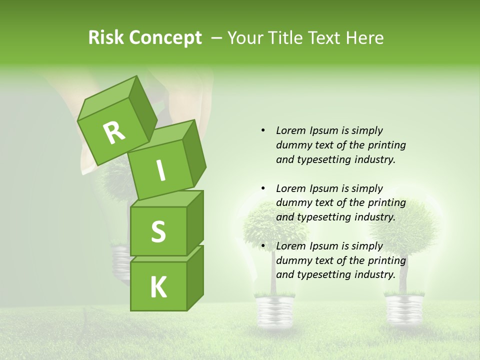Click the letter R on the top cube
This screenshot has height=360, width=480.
coord(114,133)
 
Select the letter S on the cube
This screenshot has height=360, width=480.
coord(158,231)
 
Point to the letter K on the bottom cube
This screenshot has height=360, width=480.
coord(158,287)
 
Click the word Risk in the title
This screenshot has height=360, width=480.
coord(106,38)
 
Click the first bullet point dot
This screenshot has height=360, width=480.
coord(263,130)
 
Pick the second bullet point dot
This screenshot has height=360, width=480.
coord(263,188)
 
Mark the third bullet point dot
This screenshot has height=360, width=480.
coord(263,246)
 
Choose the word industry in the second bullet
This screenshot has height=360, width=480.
coord(375,217)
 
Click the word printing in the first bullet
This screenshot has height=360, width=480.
coord(386,145)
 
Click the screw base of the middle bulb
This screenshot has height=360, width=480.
coord(273,310)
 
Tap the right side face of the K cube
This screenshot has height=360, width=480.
coord(195,277)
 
